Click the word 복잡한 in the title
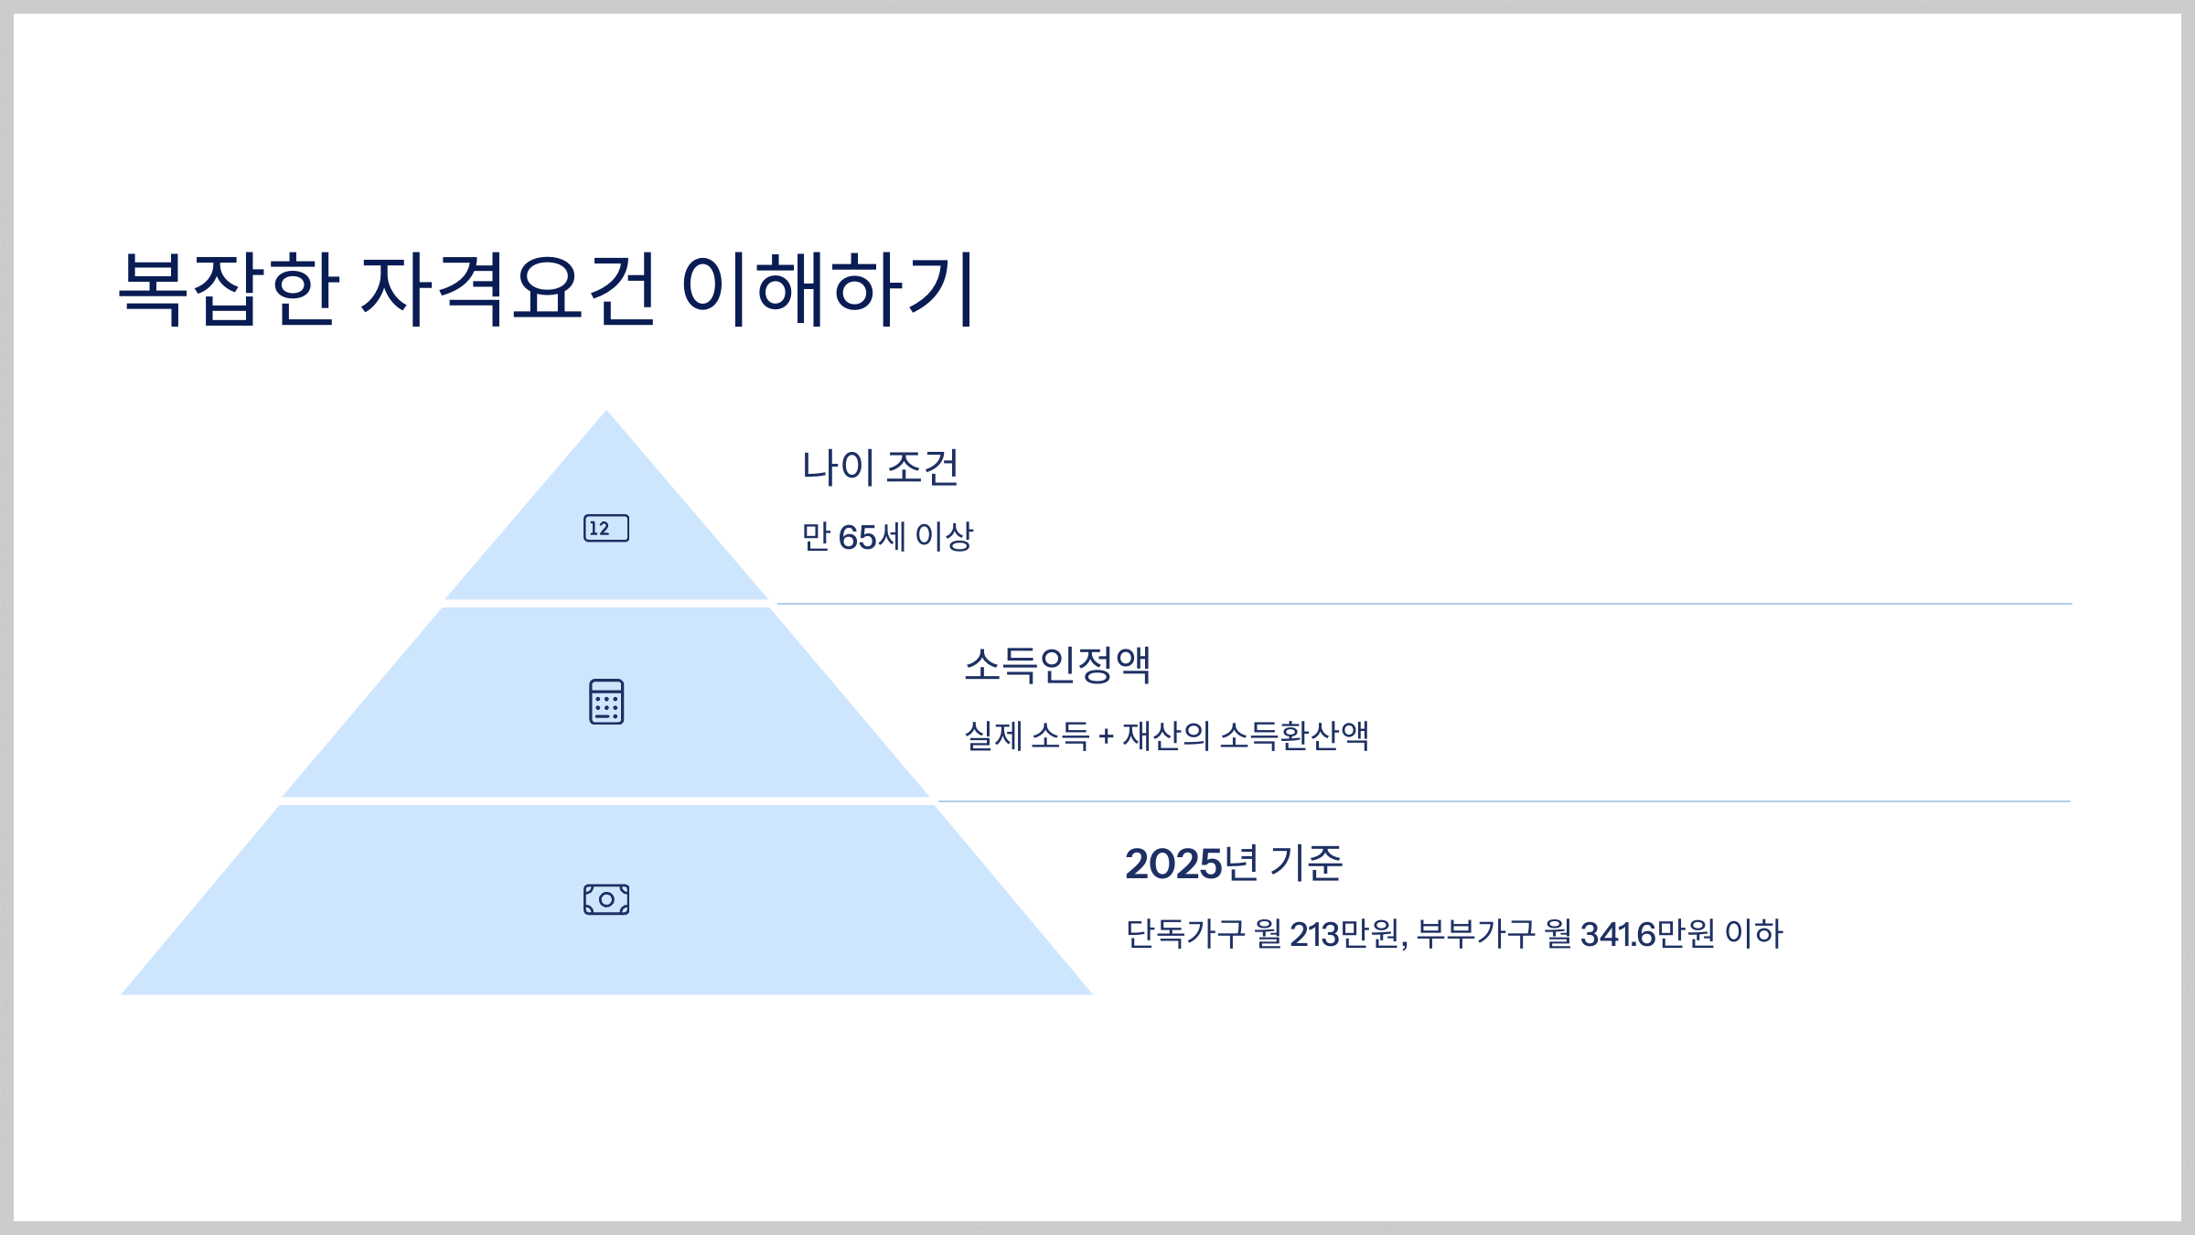click(229, 289)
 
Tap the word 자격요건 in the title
click(509, 289)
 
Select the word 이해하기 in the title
click(829, 289)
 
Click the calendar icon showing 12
click(606, 529)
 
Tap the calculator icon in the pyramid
click(606, 702)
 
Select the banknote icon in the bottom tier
click(606, 899)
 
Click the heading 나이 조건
click(880, 467)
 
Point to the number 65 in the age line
click(857, 538)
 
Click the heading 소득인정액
click(1057, 665)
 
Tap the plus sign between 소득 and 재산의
click(1106, 736)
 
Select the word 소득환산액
click(1294, 736)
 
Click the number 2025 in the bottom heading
click(1173, 864)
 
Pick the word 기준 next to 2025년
click(1306, 864)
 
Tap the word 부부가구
click(1475, 934)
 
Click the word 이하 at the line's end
click(1753, 934)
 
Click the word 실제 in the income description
click(993, 736)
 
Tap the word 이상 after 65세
click(944, 537)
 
